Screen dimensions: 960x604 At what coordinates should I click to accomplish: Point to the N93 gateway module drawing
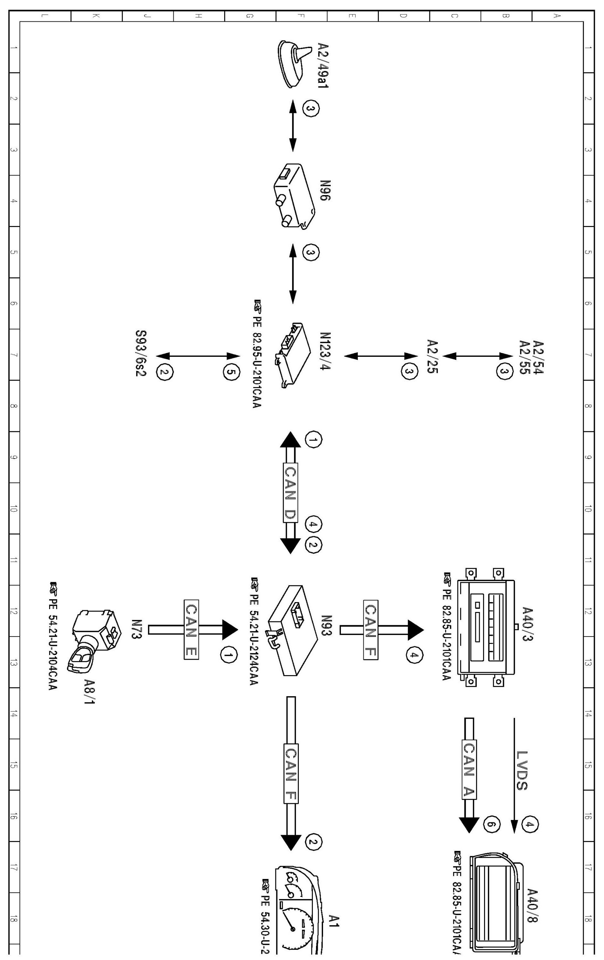coord(293,630)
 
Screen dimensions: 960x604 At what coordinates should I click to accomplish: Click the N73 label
coord(137,629)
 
